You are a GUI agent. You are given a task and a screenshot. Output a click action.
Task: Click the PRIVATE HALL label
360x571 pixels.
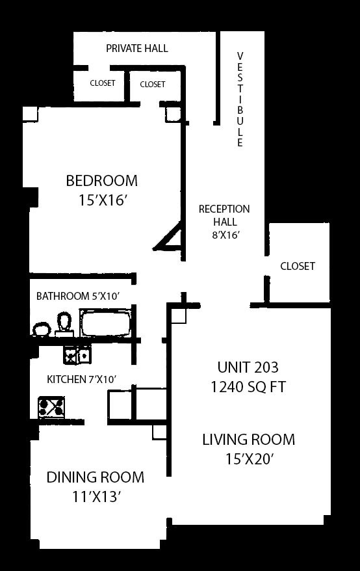[137, 48]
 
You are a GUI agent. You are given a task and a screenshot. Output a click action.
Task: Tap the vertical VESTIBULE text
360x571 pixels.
[240, 99]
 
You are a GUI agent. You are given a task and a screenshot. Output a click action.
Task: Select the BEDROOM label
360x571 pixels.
[101, 181]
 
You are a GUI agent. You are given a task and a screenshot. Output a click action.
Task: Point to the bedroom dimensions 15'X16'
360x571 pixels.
[103, 200]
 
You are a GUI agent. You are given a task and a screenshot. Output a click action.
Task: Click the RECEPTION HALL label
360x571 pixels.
[224, 215]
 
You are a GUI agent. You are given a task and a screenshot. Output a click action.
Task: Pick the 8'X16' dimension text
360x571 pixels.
[225, 235]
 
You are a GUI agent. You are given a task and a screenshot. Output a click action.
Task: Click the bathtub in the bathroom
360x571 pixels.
[105, 323]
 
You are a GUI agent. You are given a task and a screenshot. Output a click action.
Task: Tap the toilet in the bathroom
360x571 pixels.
[64, 323]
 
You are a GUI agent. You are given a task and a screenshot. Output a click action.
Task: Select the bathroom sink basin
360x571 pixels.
[42, 330]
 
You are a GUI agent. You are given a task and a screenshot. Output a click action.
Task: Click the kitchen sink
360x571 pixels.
[77, 354]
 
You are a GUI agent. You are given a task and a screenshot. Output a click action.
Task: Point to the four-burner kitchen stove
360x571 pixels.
[52, 407]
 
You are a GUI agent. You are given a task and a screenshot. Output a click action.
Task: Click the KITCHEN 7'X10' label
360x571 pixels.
[81, 379]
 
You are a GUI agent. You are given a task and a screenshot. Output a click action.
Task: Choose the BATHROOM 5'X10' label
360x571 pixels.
[78, 296]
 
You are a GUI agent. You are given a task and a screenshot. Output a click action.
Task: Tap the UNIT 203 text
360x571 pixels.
[248, 367]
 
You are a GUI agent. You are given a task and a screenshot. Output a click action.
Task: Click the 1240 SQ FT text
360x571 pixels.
[248, 387]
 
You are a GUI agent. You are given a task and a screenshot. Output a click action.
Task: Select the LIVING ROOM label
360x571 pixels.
[249, 440]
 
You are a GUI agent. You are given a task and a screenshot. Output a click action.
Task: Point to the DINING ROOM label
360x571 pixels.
[96, 477]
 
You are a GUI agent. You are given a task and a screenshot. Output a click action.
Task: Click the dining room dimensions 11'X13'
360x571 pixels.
[96, 497]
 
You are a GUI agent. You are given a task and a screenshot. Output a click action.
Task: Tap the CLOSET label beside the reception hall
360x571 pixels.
[298, 266]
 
